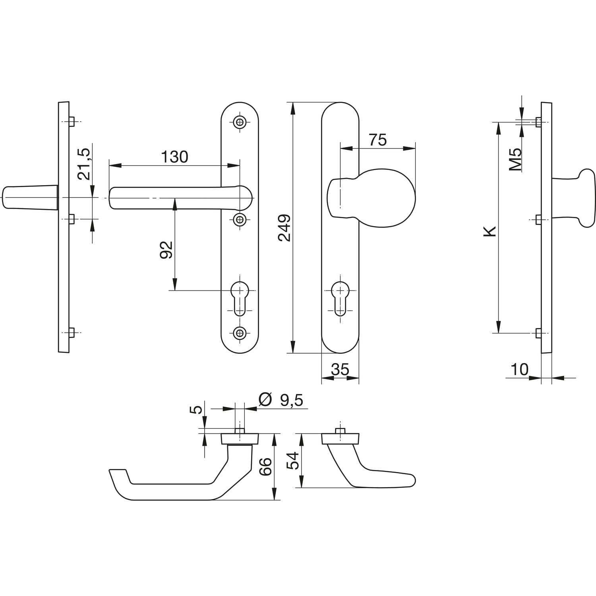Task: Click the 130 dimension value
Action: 174,157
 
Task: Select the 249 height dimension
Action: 284,228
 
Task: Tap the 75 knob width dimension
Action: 377,140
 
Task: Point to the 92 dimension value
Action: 166,250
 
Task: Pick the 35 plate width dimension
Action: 340,370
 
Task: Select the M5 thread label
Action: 515,159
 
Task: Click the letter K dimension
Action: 491,231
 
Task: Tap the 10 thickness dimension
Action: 519,370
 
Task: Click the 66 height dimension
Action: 265,466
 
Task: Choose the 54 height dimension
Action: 293,461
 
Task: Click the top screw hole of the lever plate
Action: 240,122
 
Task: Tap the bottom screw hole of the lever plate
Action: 240,333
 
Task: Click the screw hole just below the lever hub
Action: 240,219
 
